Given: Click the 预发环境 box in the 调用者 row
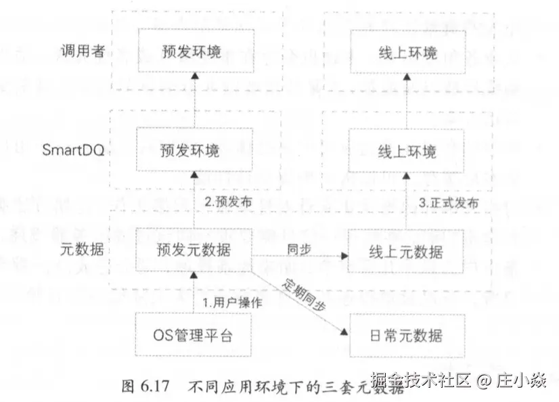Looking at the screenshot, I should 192,51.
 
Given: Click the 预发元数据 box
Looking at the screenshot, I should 192,250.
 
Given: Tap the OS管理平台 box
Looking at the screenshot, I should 192,334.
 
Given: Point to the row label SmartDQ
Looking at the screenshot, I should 72,150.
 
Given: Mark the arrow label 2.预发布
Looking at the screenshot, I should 226,202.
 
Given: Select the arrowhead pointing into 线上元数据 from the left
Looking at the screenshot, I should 344,256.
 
